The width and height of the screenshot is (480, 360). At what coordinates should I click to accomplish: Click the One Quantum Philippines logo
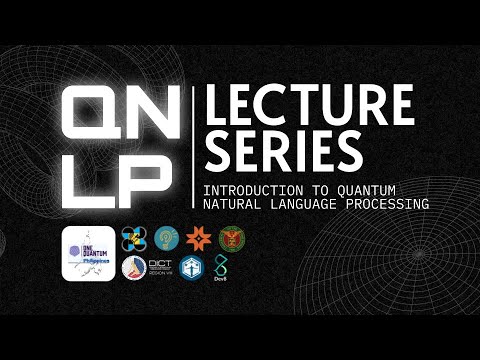[x=89, y=253]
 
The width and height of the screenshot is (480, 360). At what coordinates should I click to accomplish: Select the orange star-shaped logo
[x=197, y=238]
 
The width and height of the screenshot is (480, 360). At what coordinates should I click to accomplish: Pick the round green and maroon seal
[x=230, y=238]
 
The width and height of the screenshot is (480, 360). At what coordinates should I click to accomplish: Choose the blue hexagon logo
[x=194, y=267]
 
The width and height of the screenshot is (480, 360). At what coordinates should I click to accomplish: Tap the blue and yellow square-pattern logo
[x=134, y=238]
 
